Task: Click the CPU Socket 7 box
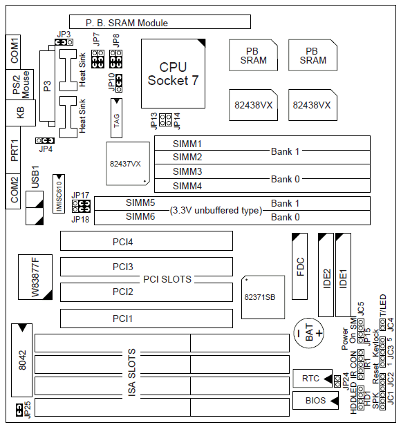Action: point(173,73)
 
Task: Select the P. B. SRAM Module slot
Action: point(160,22)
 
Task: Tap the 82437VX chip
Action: point(128,164)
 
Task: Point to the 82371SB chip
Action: point(263,297)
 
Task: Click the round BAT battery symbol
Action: point(308,333)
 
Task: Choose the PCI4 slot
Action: point(147,241)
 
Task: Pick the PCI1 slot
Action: point(147,319)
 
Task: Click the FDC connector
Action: point(299,266)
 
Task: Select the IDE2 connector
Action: point(326,275)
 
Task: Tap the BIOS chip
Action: point(315,400)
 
